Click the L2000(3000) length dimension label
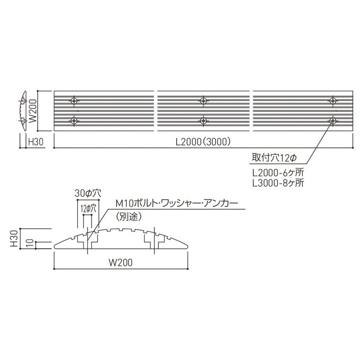click(203, 142)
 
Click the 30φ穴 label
click(89, 193)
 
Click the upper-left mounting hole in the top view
click(74, 100)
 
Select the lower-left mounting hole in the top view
click(74, 121)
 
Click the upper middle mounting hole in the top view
click(203, 100)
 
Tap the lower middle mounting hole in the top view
click(203, 121)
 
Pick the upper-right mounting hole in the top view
click(333, 100)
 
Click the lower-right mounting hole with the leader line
click(333, 121)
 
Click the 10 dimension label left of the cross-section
click(29, 243)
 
